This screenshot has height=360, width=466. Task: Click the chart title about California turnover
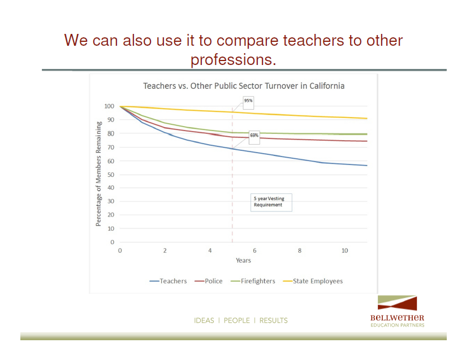[244, 86]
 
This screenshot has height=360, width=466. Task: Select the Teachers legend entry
[168, 281]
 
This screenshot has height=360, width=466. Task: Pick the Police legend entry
[209, 281]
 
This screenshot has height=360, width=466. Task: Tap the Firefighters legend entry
[253, 281]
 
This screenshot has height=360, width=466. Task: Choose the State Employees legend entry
[313, 281]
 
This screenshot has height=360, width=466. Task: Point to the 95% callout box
[248, 102]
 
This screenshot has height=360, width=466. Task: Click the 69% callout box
[254, 137]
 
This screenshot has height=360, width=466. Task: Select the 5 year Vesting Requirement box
[271, 202]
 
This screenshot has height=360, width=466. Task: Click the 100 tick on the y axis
[109, 106]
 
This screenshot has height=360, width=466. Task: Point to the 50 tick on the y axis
[110, 175]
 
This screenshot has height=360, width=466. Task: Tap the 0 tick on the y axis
[113, 242]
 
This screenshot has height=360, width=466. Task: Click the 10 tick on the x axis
[344, 250]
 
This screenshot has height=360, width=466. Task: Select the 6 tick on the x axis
[254, 250]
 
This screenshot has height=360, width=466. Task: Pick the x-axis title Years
[243, 261]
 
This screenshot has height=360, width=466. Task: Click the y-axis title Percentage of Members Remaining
[98, 174]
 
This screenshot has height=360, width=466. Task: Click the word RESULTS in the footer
[273, 320]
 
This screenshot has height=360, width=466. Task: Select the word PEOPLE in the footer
[237, 320]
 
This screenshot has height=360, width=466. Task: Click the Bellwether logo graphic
[398, 303]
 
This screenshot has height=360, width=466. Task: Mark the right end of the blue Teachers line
[367, 166]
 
